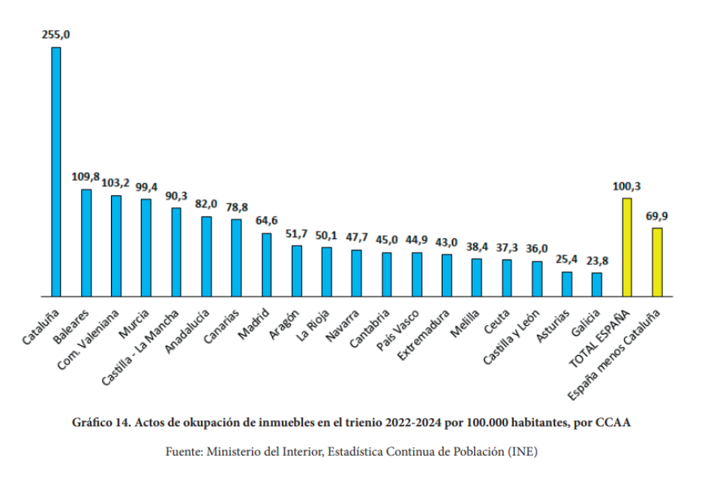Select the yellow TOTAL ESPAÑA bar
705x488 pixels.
[x=627, y=247]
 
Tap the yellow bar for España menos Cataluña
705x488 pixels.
[x=657, y=262]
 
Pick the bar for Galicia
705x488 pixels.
[x=597, y=285]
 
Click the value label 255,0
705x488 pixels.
[x=56, y=35]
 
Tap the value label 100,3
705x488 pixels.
[x=627, y=186]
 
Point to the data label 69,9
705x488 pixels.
[x=657, y=216]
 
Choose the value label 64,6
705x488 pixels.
[x=266, y=221]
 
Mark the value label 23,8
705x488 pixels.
[x=597, y=261]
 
